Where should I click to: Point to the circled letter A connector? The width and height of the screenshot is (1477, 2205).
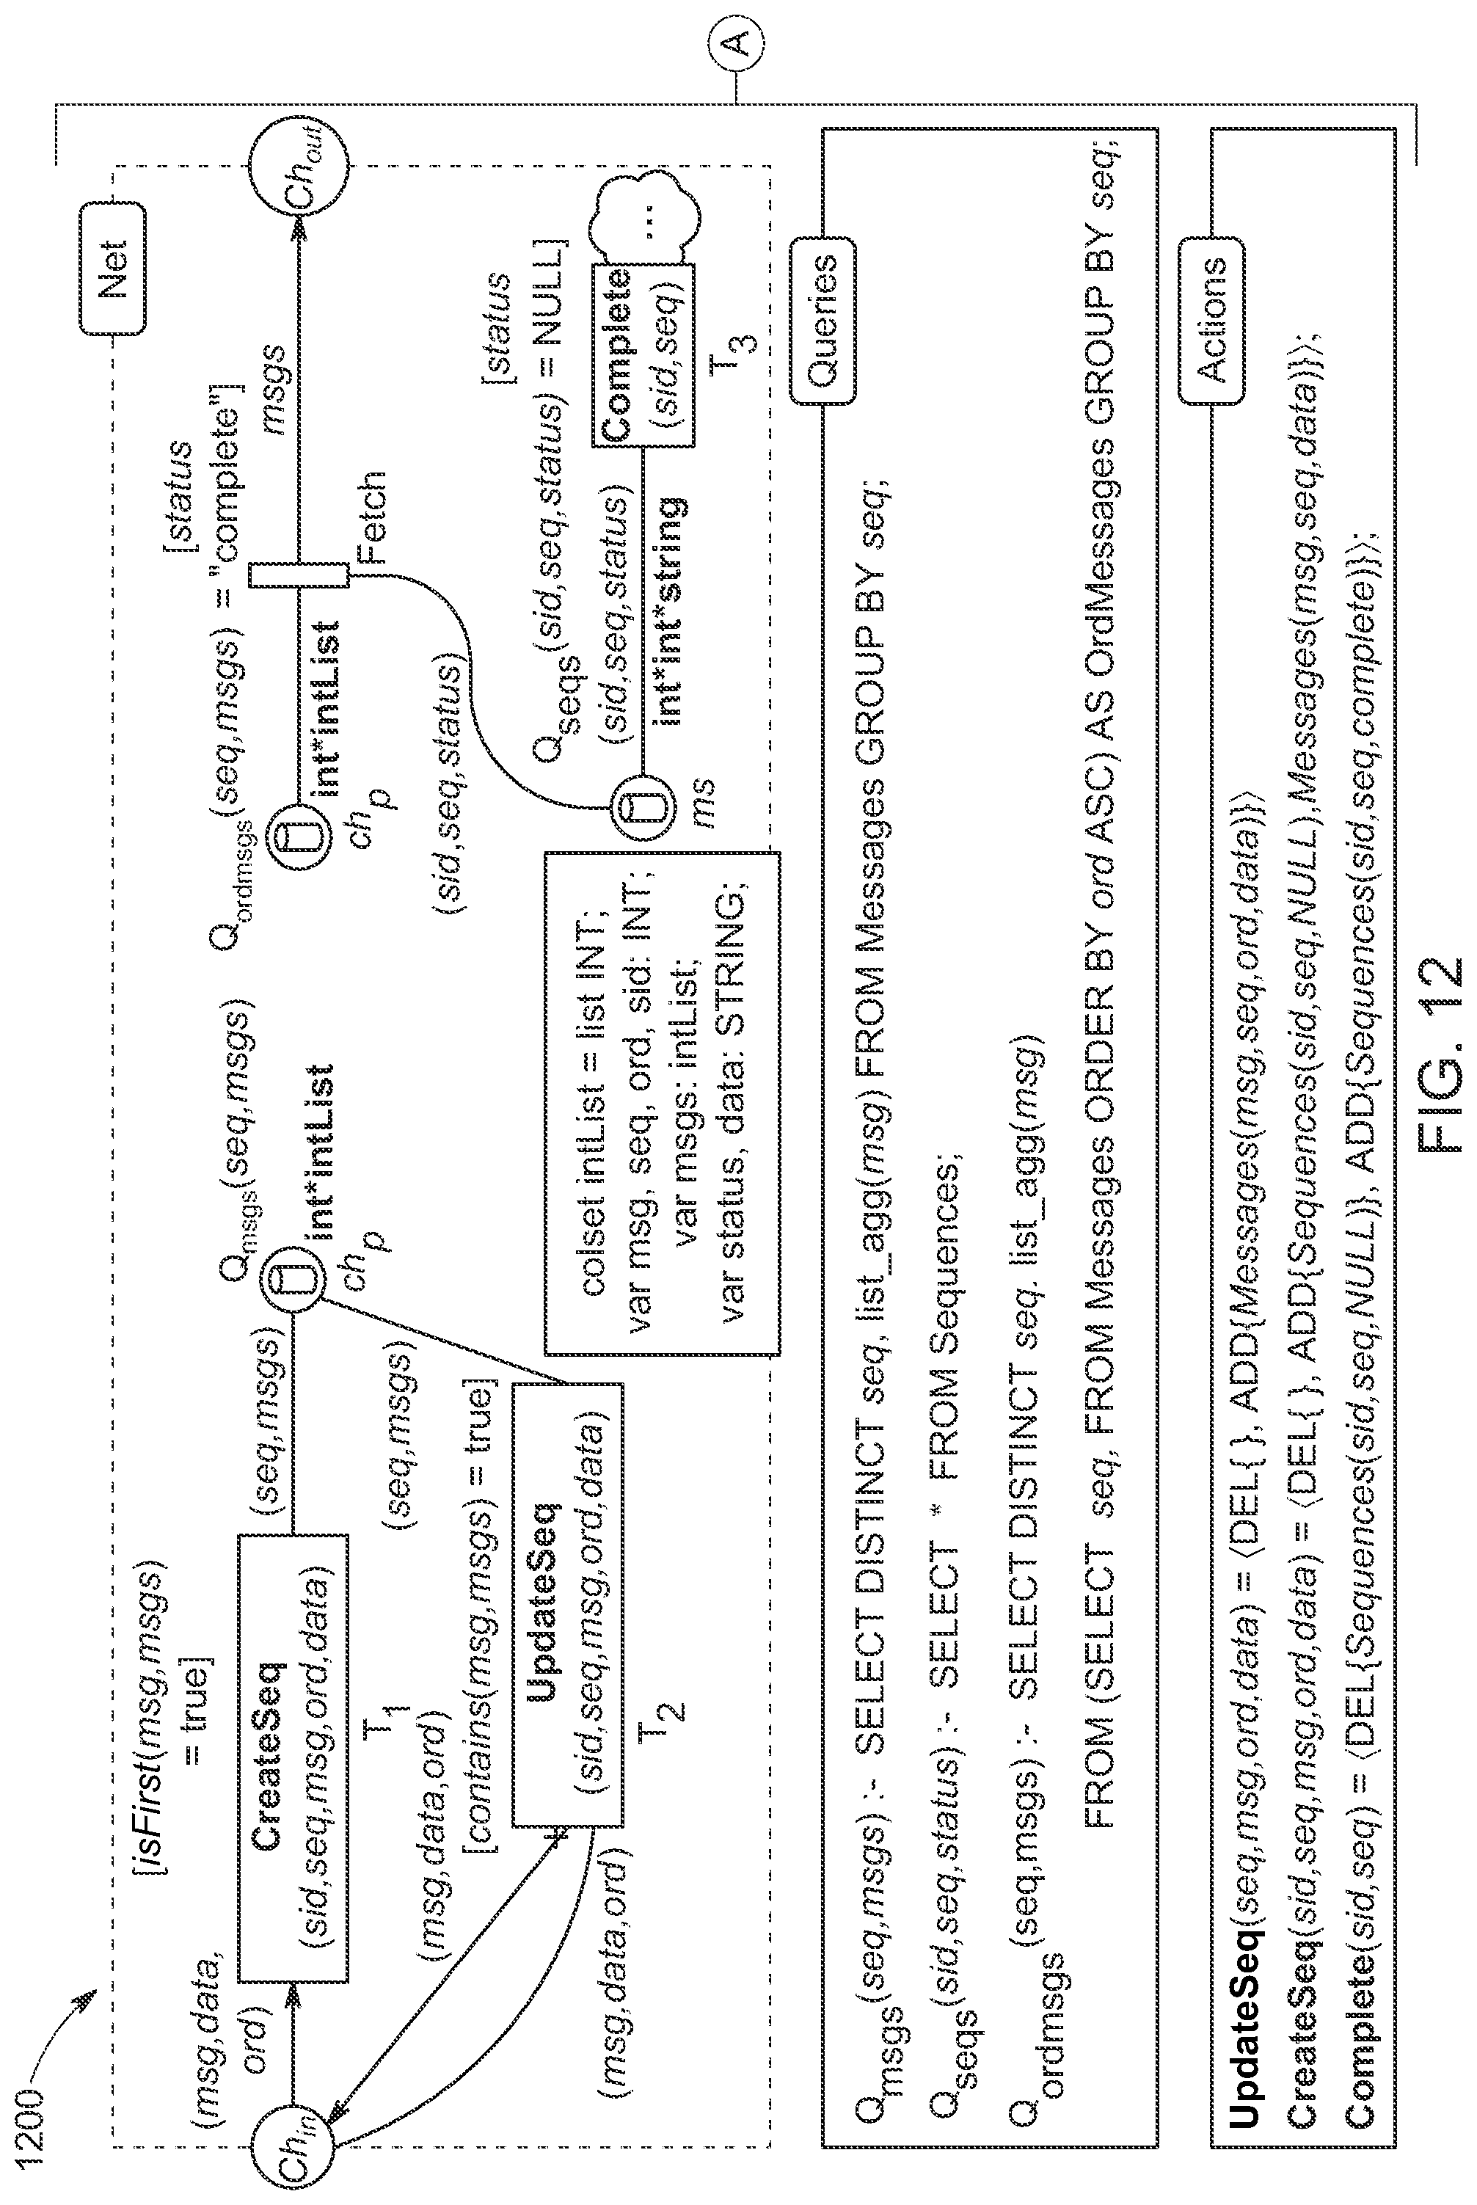738,41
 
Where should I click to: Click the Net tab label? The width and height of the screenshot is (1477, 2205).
113,268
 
